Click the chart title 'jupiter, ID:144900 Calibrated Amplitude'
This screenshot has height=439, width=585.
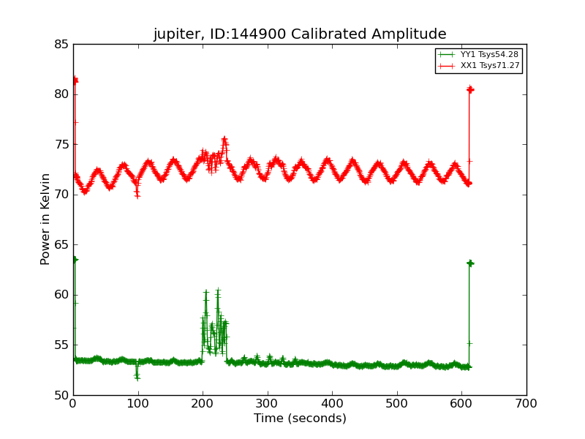(300, 34)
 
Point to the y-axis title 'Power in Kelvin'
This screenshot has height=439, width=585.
(46, 219)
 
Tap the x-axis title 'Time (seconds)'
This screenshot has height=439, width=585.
(300, 419)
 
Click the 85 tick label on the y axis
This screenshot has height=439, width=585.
(61, 45)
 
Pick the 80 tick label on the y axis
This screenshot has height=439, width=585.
(61, 94)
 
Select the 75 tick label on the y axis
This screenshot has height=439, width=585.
(61, 145)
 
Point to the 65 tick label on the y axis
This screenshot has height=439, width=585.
(61, 245)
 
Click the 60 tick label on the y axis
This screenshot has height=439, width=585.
(61, 295)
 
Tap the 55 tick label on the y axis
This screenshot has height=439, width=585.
(61, 345)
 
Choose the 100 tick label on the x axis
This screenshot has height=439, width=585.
(137, 403)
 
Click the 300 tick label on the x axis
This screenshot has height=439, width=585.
(268, 403)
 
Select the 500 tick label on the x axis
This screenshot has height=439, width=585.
(397, 403)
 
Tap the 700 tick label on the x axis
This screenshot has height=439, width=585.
(526, 403)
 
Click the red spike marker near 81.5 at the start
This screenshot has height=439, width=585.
(75, 80)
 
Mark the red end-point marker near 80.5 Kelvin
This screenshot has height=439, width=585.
(470, 89)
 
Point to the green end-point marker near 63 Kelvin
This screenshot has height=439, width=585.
(470, 263)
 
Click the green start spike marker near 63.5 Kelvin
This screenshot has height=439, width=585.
(75, 260)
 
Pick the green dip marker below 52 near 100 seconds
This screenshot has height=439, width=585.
(137, 378)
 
